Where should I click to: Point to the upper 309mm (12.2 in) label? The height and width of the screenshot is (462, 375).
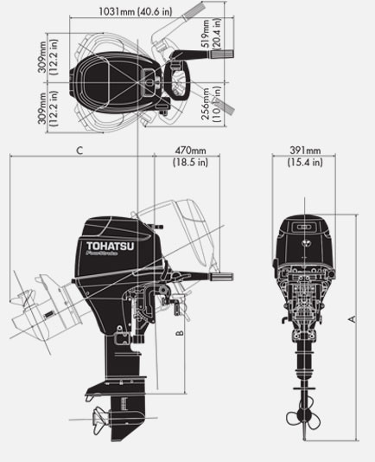click(x=49, y=55)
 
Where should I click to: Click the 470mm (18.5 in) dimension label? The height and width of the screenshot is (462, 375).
click(x=189, y=156)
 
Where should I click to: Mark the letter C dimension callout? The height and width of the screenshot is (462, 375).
click(x=79, y=151)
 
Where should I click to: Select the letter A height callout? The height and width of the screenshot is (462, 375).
click(x=352, y=319)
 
